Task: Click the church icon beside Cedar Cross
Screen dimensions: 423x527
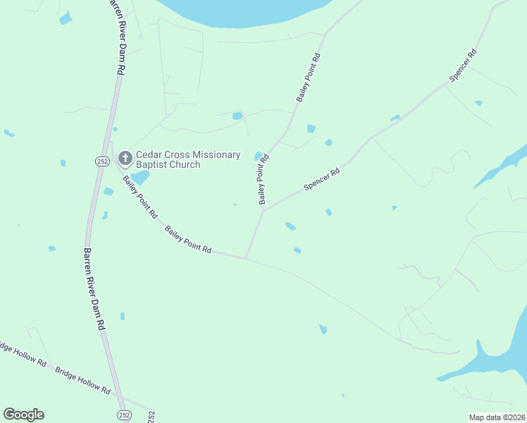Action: click(x=125, y=159)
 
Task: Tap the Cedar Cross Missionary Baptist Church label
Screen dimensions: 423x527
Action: click(x=188, y=159)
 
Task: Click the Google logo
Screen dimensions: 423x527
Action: click(x=23, y=415)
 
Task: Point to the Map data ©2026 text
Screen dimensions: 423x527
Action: click(x=497, y=417)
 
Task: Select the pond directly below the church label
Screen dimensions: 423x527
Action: click(x=139, y=177)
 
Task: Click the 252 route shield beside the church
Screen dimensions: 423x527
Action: click(x=102, y=161)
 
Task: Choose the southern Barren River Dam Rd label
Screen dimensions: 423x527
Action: click(x=94, y=289)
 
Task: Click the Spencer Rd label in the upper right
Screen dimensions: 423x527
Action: click(x=463, y=64)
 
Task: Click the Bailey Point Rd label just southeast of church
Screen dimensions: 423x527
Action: click(x=139, y=197)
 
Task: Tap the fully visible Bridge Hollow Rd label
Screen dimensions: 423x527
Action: click(x=83, y=381)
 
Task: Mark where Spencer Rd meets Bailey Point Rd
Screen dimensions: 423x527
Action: click(x=264, y=210)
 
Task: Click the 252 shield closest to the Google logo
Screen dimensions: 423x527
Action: click(x=124, y=415)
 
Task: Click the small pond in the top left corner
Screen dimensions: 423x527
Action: click(x=66, y=18)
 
